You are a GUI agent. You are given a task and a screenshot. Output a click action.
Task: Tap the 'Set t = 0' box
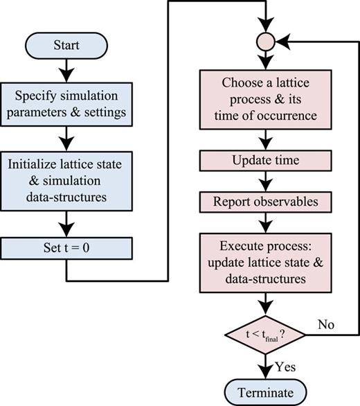(66, 247)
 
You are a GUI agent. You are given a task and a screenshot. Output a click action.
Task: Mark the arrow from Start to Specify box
(66, 69)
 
